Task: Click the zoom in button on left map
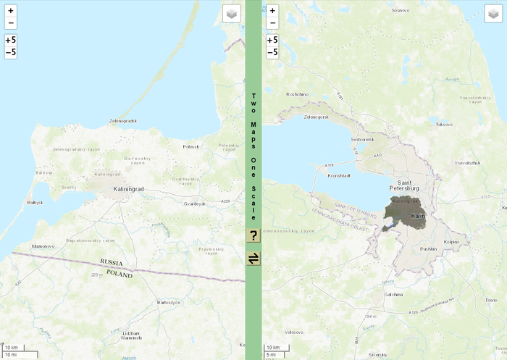point(11,11)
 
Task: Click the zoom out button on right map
point(273,22)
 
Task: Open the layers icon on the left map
point(230,14)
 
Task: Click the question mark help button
point(253,235)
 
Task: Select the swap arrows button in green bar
point(253,258)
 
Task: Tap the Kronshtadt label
point(339,175)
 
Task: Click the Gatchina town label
point(393,295)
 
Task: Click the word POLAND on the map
point(120,275)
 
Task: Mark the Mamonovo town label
point(43,246)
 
